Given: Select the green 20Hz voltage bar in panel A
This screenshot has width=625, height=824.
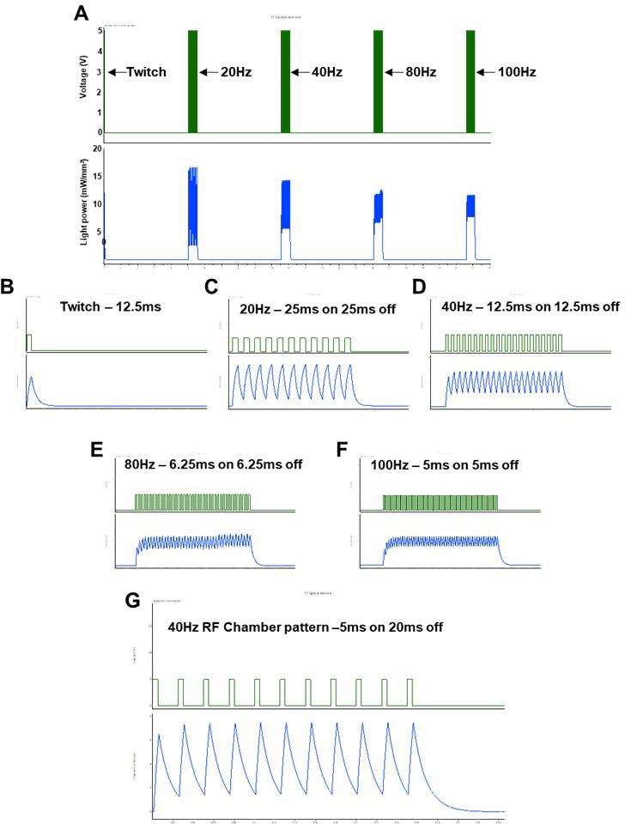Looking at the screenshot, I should [193, 82].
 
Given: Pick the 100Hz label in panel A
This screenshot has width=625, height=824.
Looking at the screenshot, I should [517, 73].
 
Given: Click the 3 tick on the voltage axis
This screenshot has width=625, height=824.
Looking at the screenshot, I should [100, 73].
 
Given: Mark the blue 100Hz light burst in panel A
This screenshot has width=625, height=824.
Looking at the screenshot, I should [470, 219].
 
